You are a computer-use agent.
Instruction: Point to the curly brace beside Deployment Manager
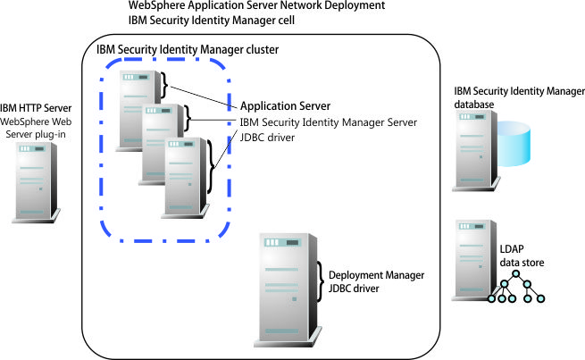322,280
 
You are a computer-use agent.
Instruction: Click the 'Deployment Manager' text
376,274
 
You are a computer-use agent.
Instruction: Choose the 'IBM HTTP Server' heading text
36,107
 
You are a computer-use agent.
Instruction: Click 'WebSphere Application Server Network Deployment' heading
257,5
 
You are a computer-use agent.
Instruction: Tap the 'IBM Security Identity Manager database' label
519,97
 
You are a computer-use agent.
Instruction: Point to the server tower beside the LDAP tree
470,259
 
